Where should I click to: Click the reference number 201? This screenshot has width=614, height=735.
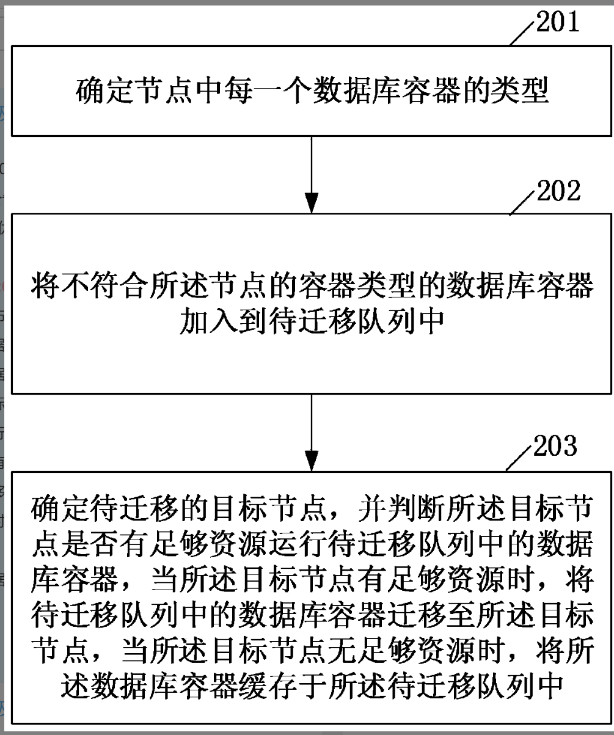click(x=558, y=23)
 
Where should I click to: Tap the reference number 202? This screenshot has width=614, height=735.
click(x=558, y=192)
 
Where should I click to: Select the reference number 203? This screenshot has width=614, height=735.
click(x=555, y=447)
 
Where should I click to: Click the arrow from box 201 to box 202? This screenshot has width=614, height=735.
click(x=312, y=174)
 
